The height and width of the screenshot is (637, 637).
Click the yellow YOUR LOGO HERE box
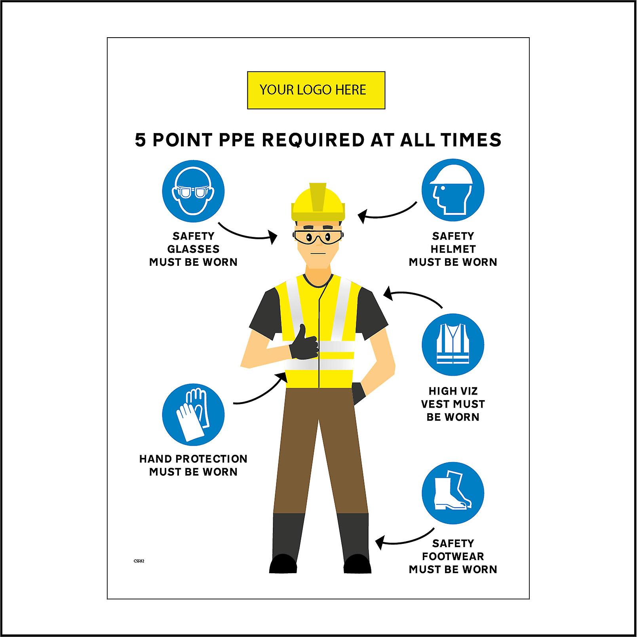pyautogui.click(x=316, y=90)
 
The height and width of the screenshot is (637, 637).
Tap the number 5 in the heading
pyautogui.click(x=141, y=140)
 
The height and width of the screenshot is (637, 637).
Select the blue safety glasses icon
pyautogui.click(x=193, y=191)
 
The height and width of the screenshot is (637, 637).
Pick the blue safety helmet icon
pyautogui.click(x=453, y=190)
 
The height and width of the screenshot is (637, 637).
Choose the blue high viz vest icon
pyautogui.click(x=453, y=345)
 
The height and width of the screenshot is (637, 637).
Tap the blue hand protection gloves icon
pyautogui.click(x=193, y=415)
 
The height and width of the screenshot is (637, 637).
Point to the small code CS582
pyautogui.click(x=139, y=561)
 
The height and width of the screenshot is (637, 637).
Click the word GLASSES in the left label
pyautogui.click(x=193, y=249)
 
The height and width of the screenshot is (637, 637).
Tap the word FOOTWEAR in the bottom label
pyautogui.click(x=453, y=557)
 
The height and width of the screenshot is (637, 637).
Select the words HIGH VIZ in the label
pyautogui.click(x=453, y=391)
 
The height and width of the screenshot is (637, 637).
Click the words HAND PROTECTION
pyautogui.click(x=193, y=459)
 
